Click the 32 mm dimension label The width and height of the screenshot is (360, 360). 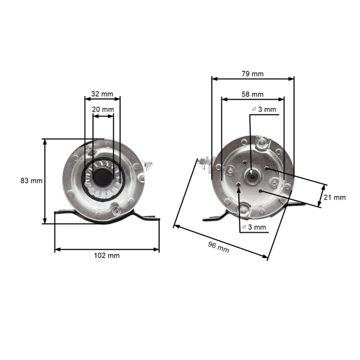point(102,94)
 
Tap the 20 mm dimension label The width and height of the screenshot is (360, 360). point(102,109)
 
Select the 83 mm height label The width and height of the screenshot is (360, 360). point(31,181)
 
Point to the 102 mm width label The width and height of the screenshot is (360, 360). point(107,255)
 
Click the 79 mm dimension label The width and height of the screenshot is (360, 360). point(253,74)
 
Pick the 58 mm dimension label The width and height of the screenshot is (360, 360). point(253,94)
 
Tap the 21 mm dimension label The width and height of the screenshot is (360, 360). point(335,197)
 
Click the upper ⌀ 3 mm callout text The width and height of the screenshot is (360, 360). point(264,109)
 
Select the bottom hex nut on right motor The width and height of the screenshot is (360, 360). point(244,209)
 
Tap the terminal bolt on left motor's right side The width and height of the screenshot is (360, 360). point(148,164)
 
